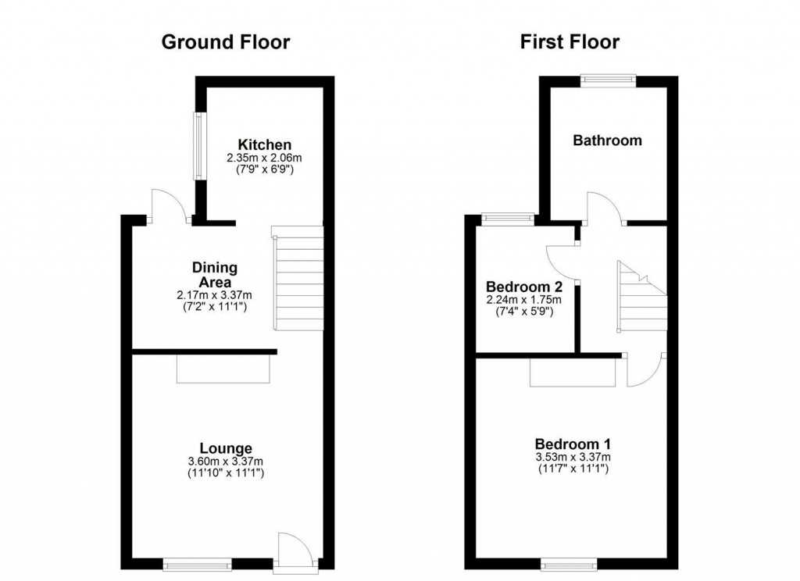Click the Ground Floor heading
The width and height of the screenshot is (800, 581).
point(225,42)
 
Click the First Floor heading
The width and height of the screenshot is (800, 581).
point(570,42)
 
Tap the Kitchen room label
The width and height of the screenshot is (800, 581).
point(265,144)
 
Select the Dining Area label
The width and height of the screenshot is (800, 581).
point(215,274)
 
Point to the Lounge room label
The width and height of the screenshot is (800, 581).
point(225,448)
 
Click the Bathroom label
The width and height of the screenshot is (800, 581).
point(607,141)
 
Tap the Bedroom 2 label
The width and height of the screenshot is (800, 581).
point(523,286)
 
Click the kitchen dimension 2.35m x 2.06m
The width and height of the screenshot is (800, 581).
point(265,158)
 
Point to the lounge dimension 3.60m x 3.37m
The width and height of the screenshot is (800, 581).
point(225,461)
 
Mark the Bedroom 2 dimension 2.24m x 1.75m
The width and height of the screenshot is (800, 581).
point(523,299)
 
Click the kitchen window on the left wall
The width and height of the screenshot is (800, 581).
point(199,147)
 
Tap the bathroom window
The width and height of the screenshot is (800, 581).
point(608,79)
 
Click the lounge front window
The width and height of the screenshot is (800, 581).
point(198,561)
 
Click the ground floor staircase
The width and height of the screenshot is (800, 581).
point(298,278)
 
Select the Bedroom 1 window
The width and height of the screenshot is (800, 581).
point(570,561)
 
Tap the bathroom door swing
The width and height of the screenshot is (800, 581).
point(603,207)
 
